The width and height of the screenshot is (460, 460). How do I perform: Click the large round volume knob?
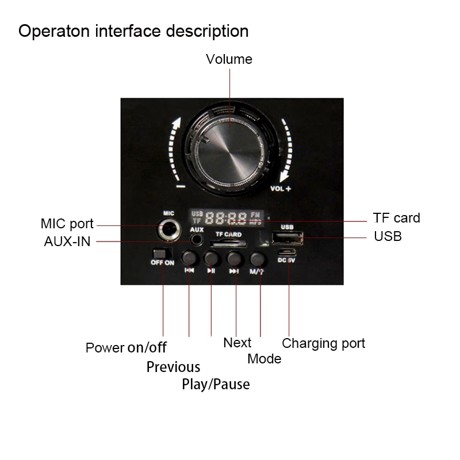point(229,151)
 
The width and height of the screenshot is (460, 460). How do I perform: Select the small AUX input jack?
point(197,240)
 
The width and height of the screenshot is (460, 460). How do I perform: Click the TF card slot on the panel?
point(228,243)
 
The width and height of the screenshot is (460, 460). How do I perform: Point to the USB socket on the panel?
point(287,237)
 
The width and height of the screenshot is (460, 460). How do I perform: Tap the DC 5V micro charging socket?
point(286,252)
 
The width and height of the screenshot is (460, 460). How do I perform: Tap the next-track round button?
point(234,258)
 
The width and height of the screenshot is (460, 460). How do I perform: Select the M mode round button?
point(257,258)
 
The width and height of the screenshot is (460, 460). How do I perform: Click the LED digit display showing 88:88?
point(226,218)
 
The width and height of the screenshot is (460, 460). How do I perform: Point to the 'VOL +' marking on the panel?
point(281,189)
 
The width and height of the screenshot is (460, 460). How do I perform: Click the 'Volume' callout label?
point(229,59)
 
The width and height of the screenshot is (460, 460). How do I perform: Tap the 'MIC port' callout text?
point(67,224)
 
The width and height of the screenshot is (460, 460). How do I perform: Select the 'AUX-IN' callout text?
point(67,241)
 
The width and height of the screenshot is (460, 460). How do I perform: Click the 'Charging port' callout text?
point(324,343)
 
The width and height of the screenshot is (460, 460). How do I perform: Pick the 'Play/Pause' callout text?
point(216,384)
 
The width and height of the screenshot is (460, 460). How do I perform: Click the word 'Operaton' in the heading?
point(54,32)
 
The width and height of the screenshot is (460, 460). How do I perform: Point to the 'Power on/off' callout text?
point(126,348)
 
